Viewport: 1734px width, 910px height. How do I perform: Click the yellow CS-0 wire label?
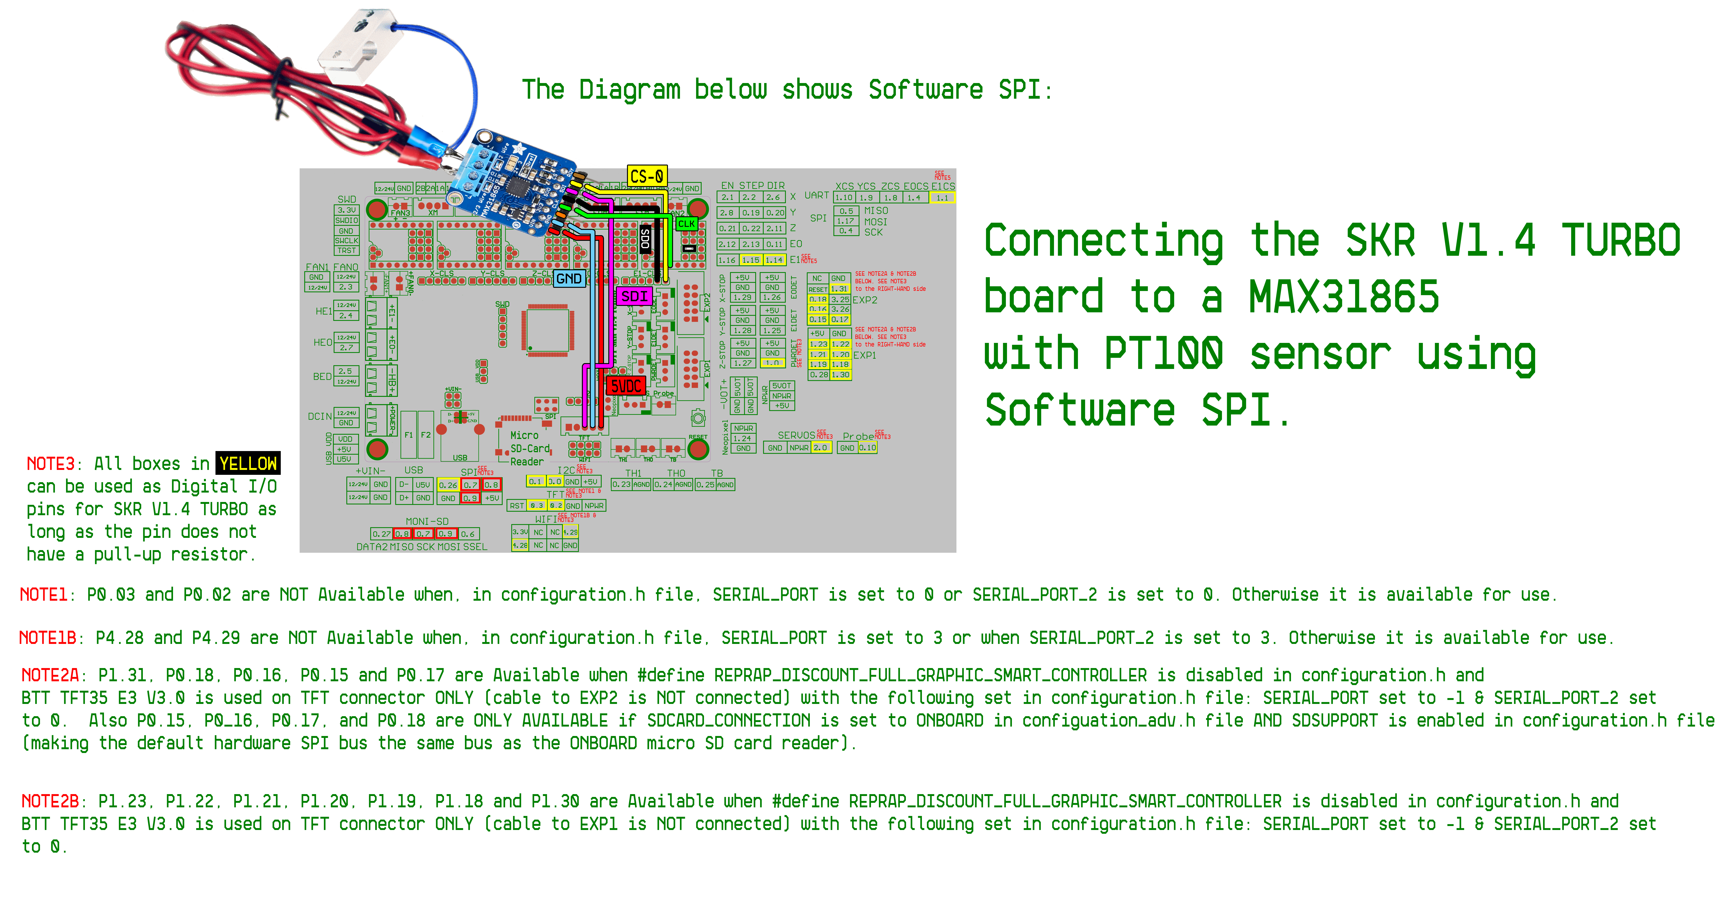pos(647,176)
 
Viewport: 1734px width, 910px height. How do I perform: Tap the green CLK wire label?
pos(687,223)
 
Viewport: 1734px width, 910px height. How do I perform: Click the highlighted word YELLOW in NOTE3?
pos(248,464)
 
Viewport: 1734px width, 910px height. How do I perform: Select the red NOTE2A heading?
pos(50,675)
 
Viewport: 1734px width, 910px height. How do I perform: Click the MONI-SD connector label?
pos(427,522)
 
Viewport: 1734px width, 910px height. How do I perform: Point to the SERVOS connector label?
pos(796,436)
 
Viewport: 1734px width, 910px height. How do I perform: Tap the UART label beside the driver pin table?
pos(816,195)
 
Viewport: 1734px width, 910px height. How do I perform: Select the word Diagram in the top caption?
pos(629,89)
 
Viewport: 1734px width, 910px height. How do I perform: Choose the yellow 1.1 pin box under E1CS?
pos(942,198)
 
